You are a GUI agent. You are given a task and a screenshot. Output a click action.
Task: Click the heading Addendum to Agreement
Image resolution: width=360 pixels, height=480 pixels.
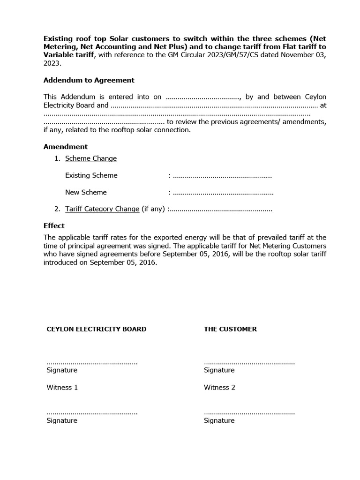click(89, 80)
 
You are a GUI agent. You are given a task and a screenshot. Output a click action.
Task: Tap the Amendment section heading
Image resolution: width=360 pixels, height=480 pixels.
click(65, 147)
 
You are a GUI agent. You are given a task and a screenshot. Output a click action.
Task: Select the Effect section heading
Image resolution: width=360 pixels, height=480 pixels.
click(54, 225)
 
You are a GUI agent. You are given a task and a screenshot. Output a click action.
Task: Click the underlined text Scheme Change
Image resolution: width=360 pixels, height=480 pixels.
click(91, 158)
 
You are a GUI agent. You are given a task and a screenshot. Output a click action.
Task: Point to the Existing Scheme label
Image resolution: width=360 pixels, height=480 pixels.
click(91, 175)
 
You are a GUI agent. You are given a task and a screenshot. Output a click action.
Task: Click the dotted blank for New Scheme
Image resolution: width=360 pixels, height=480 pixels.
click(223, 193)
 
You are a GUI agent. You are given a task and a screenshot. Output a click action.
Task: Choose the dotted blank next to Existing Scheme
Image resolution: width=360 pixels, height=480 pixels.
click(222, 176)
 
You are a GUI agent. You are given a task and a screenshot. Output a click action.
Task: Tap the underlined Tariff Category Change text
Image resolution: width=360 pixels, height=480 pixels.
click(102, 209)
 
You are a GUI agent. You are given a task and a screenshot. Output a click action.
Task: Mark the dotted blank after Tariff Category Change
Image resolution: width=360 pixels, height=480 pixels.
click(221, 210)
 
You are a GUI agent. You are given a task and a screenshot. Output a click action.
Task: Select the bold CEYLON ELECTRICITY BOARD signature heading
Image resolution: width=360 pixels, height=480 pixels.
click(97, 329)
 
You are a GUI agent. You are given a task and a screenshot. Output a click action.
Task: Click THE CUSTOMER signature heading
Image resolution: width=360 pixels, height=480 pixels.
click(230, 329)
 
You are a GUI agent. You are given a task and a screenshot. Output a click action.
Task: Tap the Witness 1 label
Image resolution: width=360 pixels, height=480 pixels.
click(62, 387)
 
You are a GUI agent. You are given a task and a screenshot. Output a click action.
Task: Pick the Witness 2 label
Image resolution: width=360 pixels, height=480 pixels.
click(219, 387)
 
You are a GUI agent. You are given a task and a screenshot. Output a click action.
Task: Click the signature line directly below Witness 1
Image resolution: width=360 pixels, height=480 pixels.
click(92, 413)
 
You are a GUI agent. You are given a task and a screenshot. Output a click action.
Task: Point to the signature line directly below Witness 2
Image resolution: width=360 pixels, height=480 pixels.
click(249, 413)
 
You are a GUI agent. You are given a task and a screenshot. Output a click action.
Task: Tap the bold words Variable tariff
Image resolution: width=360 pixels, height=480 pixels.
click(69, 55)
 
